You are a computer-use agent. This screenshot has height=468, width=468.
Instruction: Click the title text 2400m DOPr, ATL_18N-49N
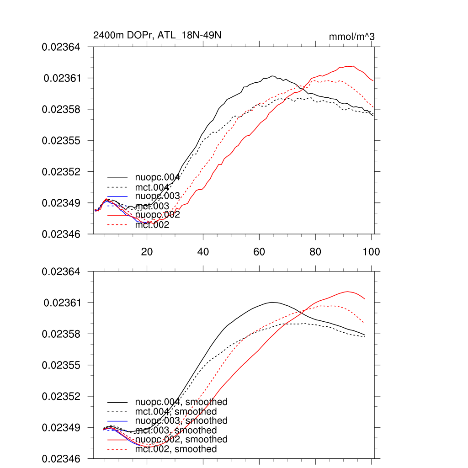click(157, 35)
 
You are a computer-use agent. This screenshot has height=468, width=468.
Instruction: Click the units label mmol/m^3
click(351, 37)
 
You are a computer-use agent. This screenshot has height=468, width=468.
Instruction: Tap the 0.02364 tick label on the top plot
click(61, 47)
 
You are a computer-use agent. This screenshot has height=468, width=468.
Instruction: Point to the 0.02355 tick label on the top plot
click(61, 140)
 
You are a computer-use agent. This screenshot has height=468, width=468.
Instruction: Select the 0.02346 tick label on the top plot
click(61, 234)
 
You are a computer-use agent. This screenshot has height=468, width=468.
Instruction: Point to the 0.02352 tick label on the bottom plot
click(61, 396)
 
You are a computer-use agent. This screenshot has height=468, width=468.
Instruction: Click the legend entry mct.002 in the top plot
click(152, 225)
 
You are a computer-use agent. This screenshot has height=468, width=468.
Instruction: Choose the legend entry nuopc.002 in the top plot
click(157, 215)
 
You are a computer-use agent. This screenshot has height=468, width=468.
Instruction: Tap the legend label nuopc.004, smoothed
click(181, 402)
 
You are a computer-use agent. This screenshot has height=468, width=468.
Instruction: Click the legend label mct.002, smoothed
click(176, 449)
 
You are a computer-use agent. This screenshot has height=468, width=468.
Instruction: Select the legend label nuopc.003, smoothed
click(181, 420)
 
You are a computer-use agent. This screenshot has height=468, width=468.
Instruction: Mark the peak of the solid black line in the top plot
click(272, 76)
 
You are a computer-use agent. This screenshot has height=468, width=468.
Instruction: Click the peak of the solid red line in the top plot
click(353, 66)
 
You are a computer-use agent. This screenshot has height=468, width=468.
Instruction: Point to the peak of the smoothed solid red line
click(348, 291)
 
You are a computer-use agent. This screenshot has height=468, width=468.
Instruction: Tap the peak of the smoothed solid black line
click(272, 302)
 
